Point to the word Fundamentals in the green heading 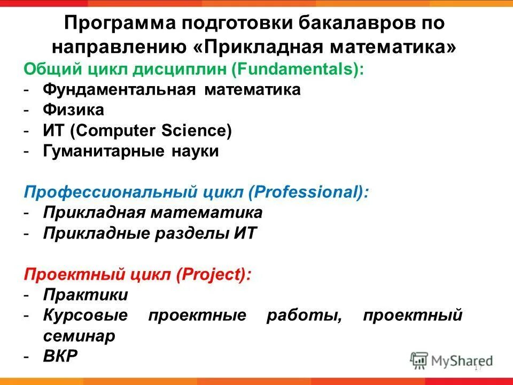pos(307,70)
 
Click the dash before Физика pos(26,110)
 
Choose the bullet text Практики pos(85,295)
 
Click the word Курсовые pos(85,315)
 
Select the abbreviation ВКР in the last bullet pos(60,356)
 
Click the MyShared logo pos(452,360)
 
